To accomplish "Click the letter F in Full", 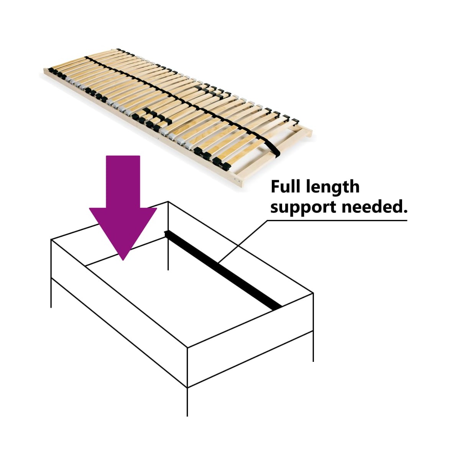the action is (x=275, y=187).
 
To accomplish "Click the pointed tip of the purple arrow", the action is (x=123, y=260).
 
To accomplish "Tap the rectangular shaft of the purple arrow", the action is (x=123, y=182).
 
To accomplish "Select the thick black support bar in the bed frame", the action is (x=223, y=270).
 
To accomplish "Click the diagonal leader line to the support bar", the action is (x=243, y=242).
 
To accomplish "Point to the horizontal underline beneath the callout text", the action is (x=337, y=220).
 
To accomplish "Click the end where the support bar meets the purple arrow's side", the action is (x=167, y=233).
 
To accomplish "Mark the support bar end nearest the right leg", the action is (x=278, y=308).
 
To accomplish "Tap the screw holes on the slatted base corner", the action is (x=237, y=180).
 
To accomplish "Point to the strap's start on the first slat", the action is (x=86, y=57).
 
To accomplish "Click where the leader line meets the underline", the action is (x=268, y=220).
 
